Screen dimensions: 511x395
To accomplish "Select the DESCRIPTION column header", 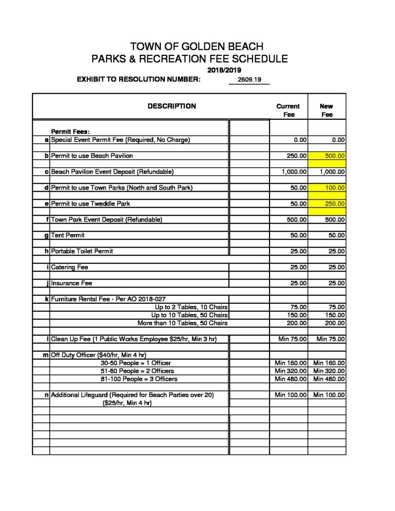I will point(172,106).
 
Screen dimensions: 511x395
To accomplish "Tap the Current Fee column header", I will point(288,110).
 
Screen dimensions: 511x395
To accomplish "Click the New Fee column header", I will point(327,110).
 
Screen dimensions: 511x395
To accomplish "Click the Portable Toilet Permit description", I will point(82,252).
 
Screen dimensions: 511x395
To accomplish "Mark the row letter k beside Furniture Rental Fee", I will point(46,299).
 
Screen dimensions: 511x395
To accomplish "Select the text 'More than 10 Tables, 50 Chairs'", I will point(182,323).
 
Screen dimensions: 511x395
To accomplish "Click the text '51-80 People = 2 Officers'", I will point(137,371).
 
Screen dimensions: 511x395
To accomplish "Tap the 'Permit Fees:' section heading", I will point(70,132).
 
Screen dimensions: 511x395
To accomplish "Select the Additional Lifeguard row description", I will point(132,395).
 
